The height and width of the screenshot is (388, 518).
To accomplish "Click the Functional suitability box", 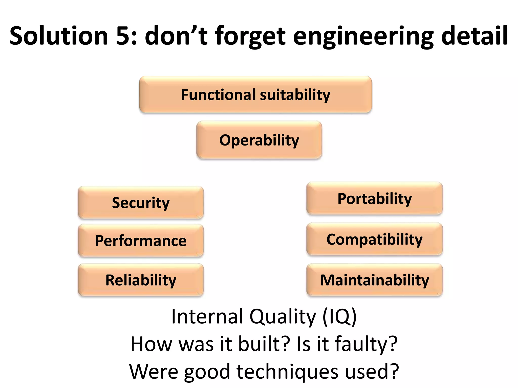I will (255, 95).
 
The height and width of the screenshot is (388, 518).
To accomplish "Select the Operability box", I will (259, 140).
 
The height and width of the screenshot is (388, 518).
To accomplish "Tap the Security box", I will (141, 203).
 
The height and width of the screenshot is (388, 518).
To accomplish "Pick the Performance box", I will (141, 240).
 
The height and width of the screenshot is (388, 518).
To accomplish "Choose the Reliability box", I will (141, 280).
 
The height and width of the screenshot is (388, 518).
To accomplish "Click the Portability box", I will (374, 199).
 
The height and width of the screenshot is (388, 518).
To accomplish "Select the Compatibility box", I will (374, 239).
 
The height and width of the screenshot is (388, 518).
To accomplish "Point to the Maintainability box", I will (374, 280).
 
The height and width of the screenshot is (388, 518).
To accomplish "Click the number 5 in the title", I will (124, 36).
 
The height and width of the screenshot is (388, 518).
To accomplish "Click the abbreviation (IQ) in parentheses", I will (339, 316).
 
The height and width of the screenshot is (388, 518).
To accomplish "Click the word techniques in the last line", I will (287, 372).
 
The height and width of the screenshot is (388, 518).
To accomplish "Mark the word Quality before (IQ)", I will (283, 317).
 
